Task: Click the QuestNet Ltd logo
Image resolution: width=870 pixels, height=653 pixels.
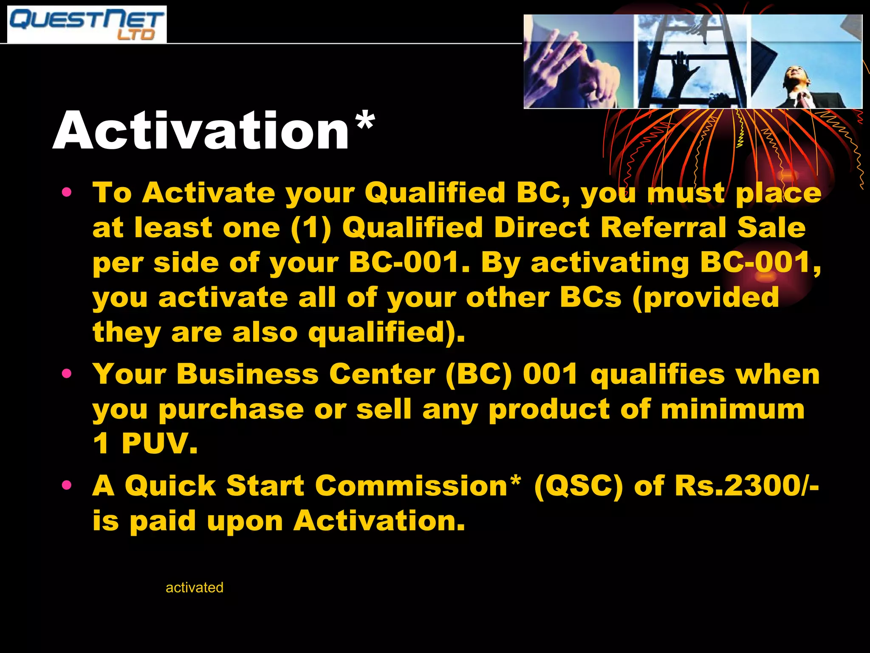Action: [x=87, y=25]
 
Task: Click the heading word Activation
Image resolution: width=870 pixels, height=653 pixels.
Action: [x=201, y=131]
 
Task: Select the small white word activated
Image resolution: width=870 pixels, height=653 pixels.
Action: [x=194, y=588]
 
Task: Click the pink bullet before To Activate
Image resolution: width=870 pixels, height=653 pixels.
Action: [x=67, y=192]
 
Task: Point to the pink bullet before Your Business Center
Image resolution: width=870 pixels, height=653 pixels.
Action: [x=67, y=374]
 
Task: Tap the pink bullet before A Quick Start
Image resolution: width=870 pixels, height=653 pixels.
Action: [x=67, y=485]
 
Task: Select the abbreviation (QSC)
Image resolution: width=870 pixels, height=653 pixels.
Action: [x=578, y=486]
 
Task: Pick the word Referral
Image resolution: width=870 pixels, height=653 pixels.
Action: [x=663, y=227]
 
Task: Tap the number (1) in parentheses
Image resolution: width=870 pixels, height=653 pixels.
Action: [x=311, y=228]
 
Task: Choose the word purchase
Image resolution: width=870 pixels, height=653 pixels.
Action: [x=232, y=409]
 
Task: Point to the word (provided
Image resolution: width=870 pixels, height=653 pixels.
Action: [x=706, y=297]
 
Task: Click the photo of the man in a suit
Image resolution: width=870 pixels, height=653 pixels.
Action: [x=806, y=62]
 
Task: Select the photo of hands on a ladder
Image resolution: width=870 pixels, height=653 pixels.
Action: [x=692, y=62]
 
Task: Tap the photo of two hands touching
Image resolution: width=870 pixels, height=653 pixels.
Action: [x=579, y=62]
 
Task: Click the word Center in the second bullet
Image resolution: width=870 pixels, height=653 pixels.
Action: [x=382, y=375]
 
